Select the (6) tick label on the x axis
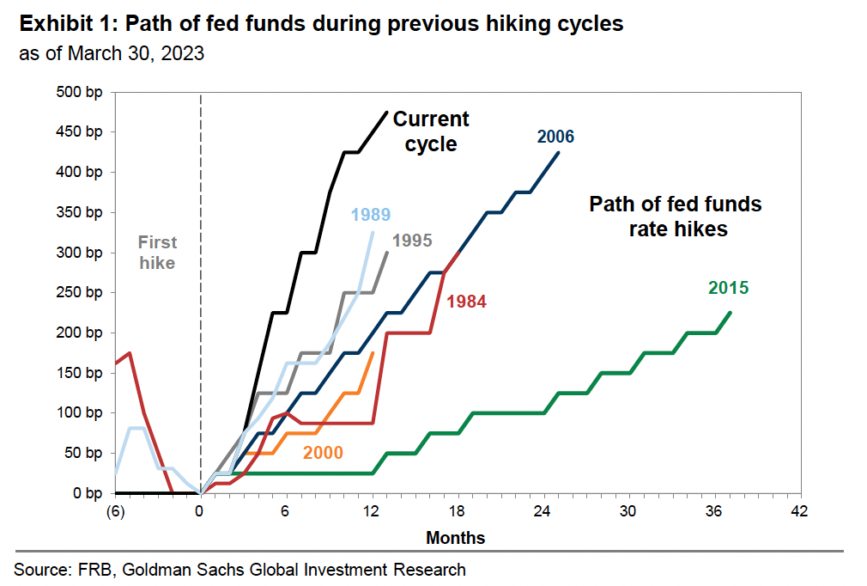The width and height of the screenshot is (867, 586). point(115,512)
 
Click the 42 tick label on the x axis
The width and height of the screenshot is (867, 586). point(800,512)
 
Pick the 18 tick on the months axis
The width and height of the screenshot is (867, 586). point(458,512)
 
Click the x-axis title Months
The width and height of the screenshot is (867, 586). point(455,539)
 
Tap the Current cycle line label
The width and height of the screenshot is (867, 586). point(431,131)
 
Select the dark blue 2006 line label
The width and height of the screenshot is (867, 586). point(555,137)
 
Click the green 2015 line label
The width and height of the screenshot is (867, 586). point(728,288)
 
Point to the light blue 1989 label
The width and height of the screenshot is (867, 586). point(371,215)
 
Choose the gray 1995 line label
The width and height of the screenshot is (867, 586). point(412,241)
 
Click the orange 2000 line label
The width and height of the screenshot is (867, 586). point(322,453)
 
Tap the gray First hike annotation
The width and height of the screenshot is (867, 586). point(157,253)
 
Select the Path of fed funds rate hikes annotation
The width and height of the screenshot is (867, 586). point(675,217)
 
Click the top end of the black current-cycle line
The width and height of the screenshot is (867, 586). point(386,112)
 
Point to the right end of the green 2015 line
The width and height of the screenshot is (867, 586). point(731,312)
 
